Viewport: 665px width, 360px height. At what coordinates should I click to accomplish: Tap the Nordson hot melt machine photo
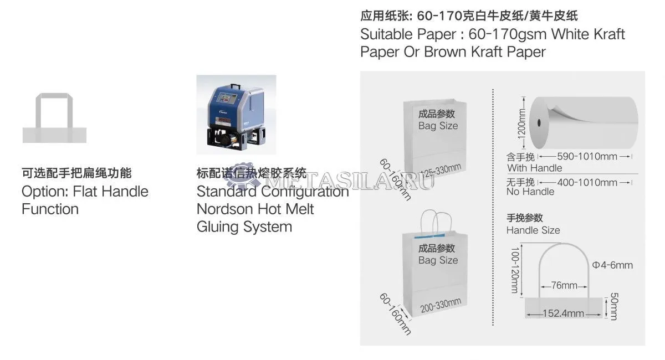(x=236, y=114)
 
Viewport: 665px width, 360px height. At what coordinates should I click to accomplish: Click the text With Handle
(x=534, y=168)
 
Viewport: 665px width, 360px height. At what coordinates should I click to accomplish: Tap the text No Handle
(x=530, y=192)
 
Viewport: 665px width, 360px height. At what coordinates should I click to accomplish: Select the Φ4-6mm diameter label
(x=612, y=265)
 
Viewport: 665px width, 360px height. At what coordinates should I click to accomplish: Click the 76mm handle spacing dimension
(x=564, y=286)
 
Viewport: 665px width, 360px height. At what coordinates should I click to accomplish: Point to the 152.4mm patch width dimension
(x=564, y=313)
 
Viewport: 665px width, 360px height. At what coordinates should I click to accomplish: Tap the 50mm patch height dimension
(x=613, y=306)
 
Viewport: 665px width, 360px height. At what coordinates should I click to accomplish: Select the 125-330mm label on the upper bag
(x=440, y=169)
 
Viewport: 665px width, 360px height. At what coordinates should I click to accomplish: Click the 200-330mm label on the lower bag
(x=441, y=304)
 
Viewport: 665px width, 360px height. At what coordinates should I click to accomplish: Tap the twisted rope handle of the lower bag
(x=436, y=221)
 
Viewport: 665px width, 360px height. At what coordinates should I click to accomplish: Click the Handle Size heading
(x=533, y=230)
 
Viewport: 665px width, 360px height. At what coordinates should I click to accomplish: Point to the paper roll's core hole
(x=539, y=122)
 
